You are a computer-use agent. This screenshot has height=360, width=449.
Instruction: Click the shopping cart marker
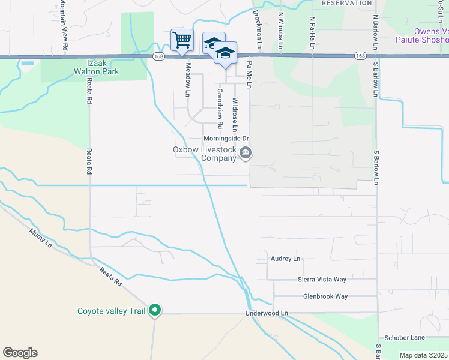[182, 41]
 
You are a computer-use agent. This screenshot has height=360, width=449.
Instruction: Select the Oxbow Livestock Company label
[205, 154]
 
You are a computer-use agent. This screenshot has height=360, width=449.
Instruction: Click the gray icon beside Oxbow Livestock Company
[245, 154]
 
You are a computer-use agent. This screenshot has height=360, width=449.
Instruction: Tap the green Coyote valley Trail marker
[155, 310]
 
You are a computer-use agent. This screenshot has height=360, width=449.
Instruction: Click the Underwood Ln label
[267, 313]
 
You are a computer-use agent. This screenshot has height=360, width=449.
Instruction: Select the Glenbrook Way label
[325, 296]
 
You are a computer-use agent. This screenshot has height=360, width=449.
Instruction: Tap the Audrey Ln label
[285, 259]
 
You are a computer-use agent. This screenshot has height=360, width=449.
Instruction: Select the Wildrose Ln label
[235, 115]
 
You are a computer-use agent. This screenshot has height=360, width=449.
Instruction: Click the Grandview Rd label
[220, 108]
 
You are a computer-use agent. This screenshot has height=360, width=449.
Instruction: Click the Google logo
[20, 353]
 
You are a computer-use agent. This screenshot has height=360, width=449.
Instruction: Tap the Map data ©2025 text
[423, 355]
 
